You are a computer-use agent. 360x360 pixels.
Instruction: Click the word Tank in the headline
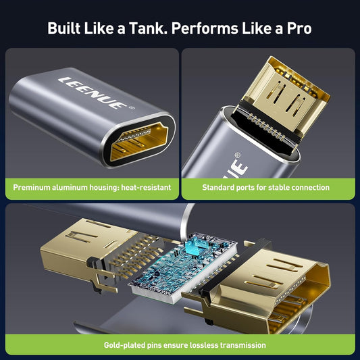pyautogui.click(x=148, y=28)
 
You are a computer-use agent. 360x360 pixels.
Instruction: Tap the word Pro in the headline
pyautogui.click(x=299, y=28)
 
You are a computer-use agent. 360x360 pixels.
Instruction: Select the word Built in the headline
pyautogui.click(x=63, y=28)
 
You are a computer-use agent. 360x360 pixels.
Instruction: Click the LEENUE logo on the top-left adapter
pyautogui.click(x=93, y=93)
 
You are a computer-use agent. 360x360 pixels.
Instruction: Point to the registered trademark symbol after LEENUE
pyautogui.click(x=132, y=107)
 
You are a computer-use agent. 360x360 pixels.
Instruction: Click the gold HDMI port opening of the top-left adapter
pyautogui.click(x=139, y=141)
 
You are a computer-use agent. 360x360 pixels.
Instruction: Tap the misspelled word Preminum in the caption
pyautogui.click(x=32, y=187)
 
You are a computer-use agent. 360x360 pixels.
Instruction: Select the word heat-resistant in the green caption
pyautogui.click(x=146, y=187)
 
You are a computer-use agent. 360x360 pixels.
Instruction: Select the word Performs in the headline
pyautogui.click(x=205, y=28)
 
